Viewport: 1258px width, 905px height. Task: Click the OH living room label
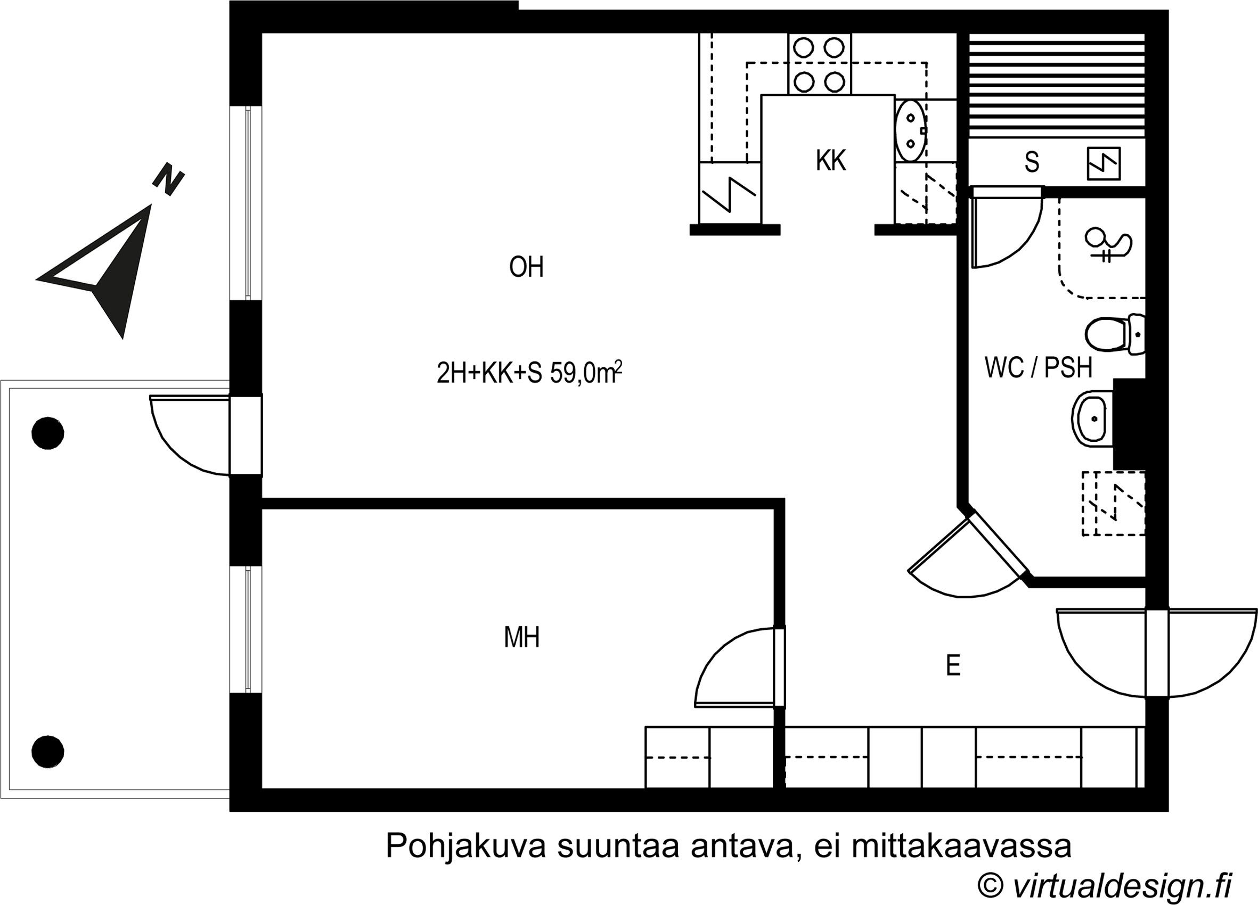click(x=526, y=267)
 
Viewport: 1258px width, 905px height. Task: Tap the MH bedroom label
click(x=521, y=638)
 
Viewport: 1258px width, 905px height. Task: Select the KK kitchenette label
click(x=830, y=161)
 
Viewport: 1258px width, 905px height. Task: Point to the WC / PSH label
click(x=1038, y=368)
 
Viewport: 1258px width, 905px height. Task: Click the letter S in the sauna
click(x=1031, y=162)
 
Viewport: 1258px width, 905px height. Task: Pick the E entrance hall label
click(x=952, y=665)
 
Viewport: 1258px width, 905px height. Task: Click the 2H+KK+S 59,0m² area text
click(x=528, y=373)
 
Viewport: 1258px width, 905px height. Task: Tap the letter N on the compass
click(x=168, y=178)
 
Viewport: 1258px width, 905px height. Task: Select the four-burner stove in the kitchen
click(x=819, y=64)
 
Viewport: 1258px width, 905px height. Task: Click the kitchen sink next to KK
click(x=910, y=131)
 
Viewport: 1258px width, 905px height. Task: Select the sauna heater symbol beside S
click(x=1102, y=163)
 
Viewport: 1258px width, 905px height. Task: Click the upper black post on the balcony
click(x=48, y=433)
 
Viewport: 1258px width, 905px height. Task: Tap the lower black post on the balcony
click(x=48, y=751)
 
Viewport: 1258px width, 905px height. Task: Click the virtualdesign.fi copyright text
click(x=1104, y=886)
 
